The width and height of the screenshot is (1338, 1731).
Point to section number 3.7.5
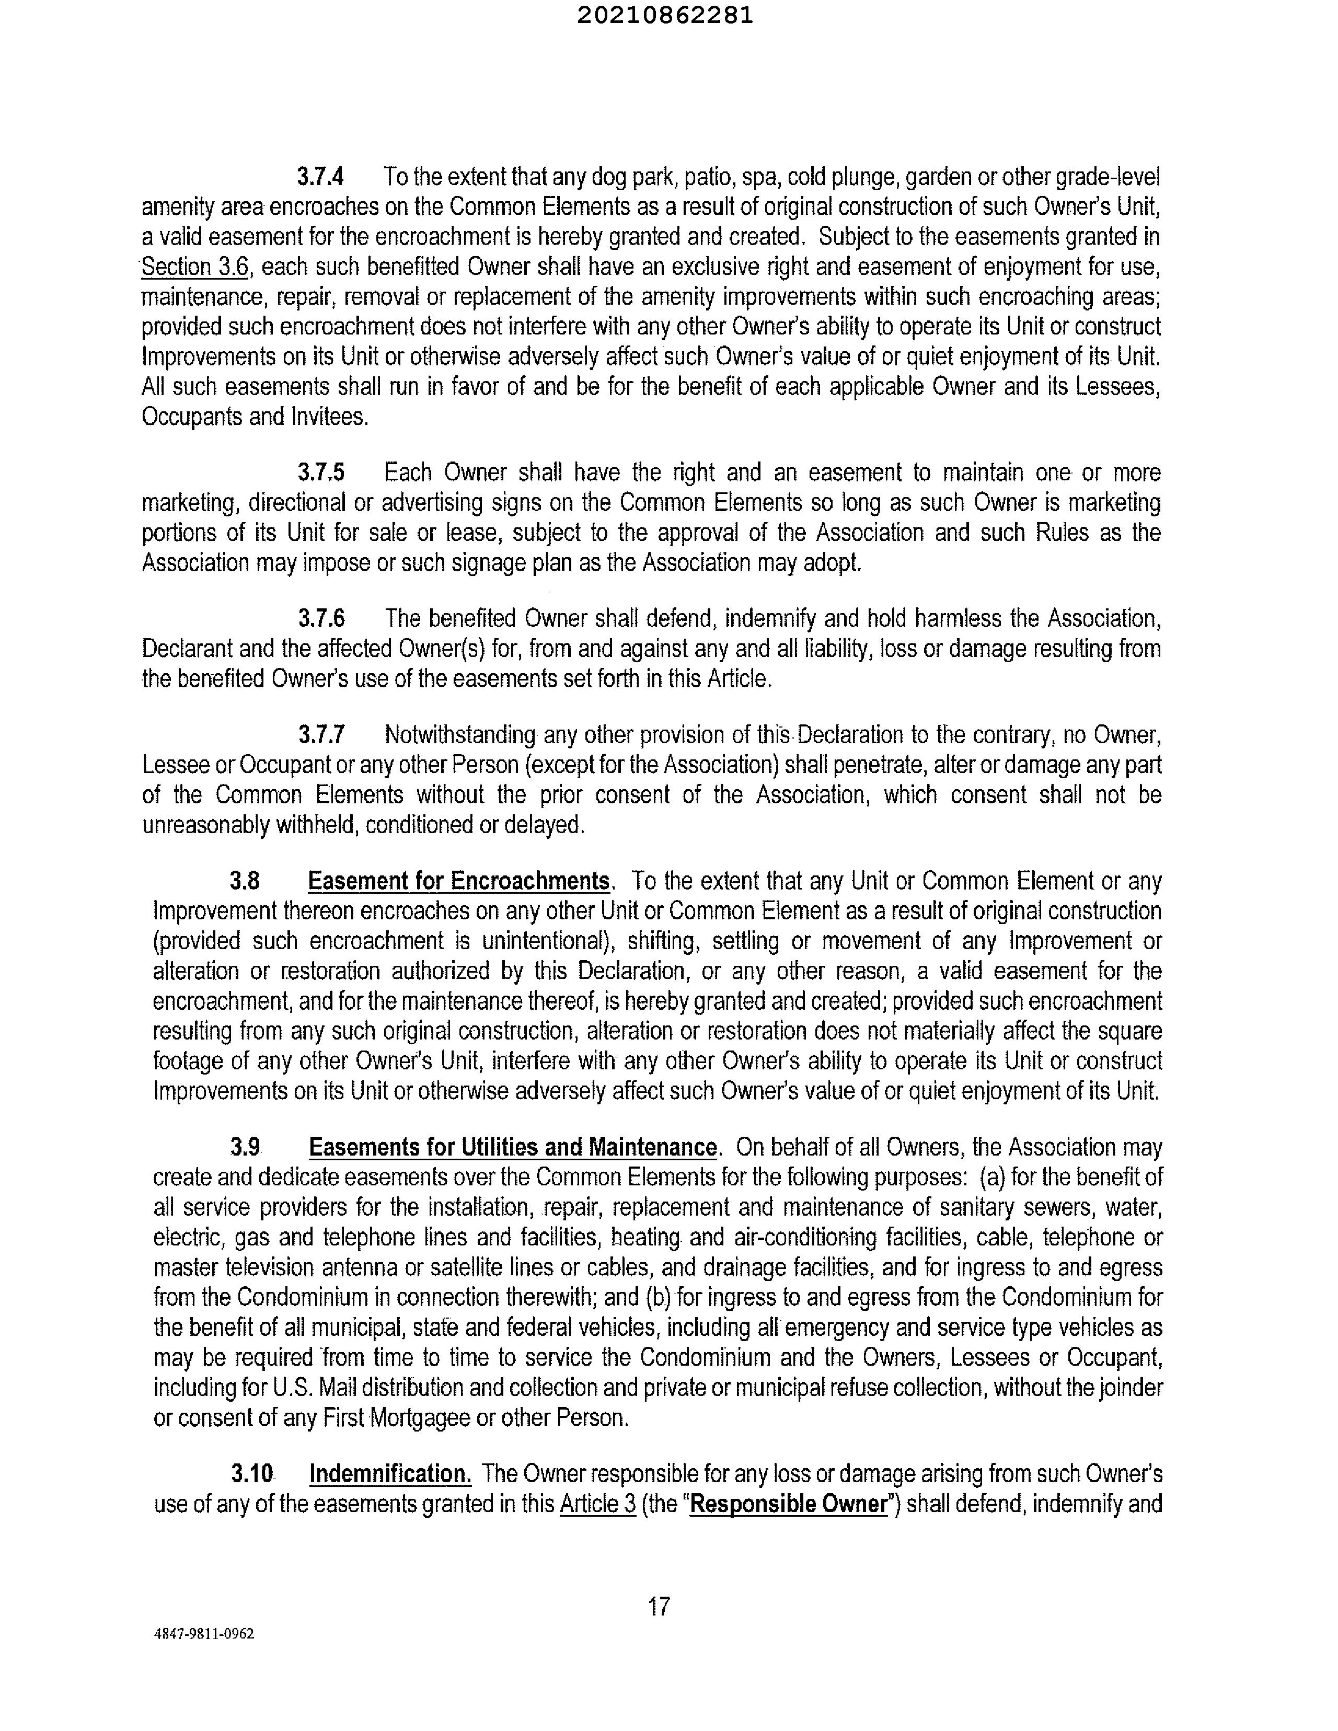pyautogui.click(x=321, y=473)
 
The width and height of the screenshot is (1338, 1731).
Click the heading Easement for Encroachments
pyautogui.click(x=459, y=881)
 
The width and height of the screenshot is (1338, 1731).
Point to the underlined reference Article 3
pyautogui.click(x=598, y=1504)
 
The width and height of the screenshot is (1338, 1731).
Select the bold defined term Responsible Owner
pyautogui.click(x=788, y=1504)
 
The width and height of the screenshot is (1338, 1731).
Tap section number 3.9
pyautogui.click(x=245, y=1147)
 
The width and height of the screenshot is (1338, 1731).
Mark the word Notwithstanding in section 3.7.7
pyautogui.click(x=460, y=735)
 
